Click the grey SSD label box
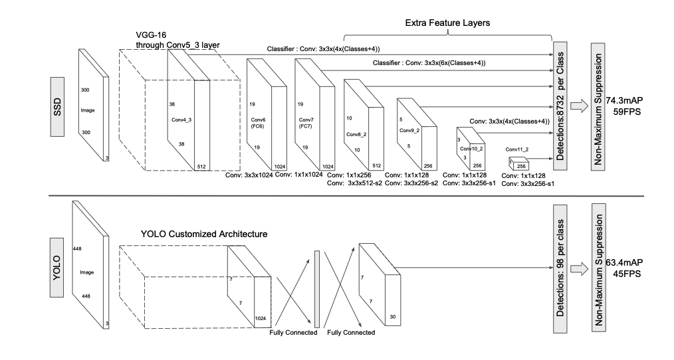coord(57,107)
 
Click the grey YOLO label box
coord(56,268)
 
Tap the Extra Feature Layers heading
coord(447,23)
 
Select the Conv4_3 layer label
coord(181,120)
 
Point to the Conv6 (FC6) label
coord(257,123)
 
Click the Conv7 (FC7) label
coord(306,123)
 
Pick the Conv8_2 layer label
coord(356,134)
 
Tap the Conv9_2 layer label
coord(409,130)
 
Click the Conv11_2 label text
coord(517,149)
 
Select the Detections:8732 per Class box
coord(560,106)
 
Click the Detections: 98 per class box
coord(560,268)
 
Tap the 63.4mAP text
coord(625,262)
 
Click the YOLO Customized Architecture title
coord(204,234)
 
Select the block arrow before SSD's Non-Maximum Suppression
coord(579,106)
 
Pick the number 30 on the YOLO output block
coord(392,317)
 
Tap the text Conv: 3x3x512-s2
coord(355,183)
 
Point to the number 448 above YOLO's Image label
coord(77,248)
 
